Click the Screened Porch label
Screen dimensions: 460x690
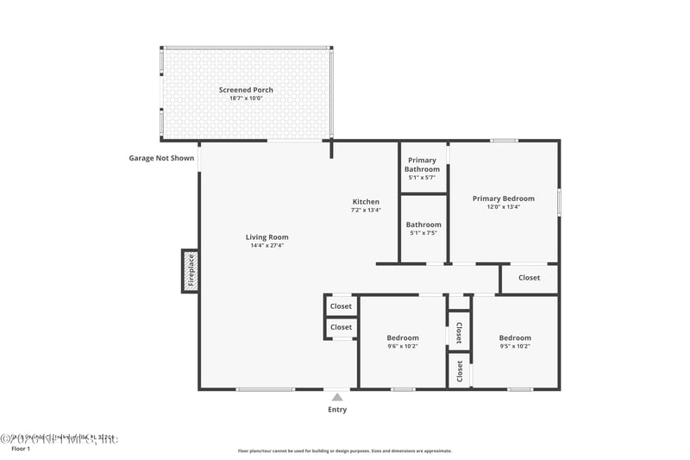coord(247,90)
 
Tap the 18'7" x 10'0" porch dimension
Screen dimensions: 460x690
coord(247,98)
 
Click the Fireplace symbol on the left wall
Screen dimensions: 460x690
coord(190,271)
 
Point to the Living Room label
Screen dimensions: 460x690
coord(267,236)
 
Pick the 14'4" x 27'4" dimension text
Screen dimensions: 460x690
coord(267,245)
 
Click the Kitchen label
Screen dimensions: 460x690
coord(366,201)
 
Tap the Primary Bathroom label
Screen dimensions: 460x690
coord(423,164)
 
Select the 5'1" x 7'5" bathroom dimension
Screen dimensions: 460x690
coord(423,233)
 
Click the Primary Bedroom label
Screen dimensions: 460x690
coord(503,198)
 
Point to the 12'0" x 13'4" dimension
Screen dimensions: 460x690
coord(503,206)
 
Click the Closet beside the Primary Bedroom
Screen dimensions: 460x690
coord(530,278)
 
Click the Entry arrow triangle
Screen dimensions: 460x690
coord(337,397)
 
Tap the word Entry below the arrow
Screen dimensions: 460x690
coord(337,409)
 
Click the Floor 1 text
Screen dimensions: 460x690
coord(20,449)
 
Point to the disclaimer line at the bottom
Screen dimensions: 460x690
coord(345,451)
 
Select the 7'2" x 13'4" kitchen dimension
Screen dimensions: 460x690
coord(366,210)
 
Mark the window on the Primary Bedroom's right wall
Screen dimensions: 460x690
coord(559,201)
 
